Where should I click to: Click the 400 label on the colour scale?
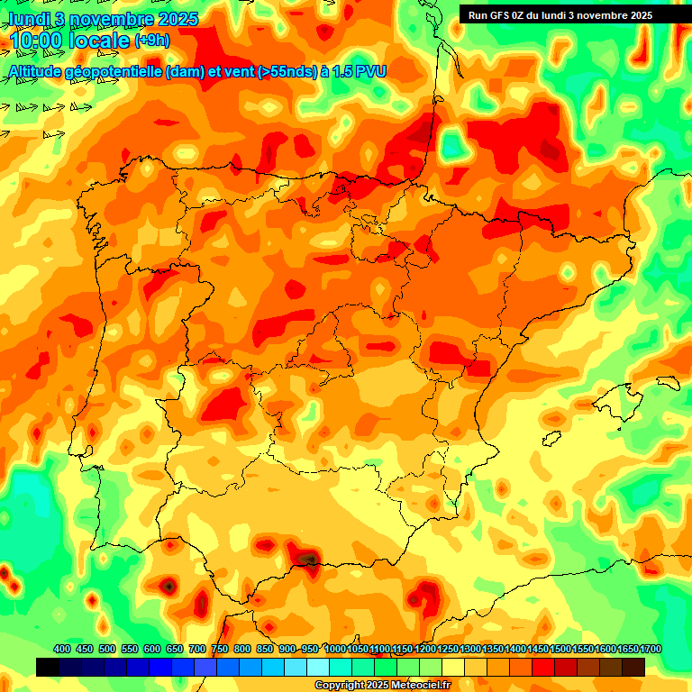pyautogui.click(x=62, y=649)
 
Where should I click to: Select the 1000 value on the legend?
pyautogui.click(x=335, y=649)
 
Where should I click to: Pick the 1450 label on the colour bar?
pyautogui.click(x=538, y=649)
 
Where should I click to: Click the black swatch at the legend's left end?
pyautogui.click(x=48, y=667)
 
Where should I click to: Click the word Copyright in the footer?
pyautogui.click(x=340, y=686)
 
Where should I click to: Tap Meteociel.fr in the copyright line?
pyautogui.click(x=418, y=686)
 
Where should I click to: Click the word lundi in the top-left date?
pyautogui.click(x=28, y=18)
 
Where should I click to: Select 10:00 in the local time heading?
pyautogui.click(x=40, y=41)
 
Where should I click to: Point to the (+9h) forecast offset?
pyautogui.click(x=151, y=41)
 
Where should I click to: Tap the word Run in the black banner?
pyautogui.click(x=478, y=15)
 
